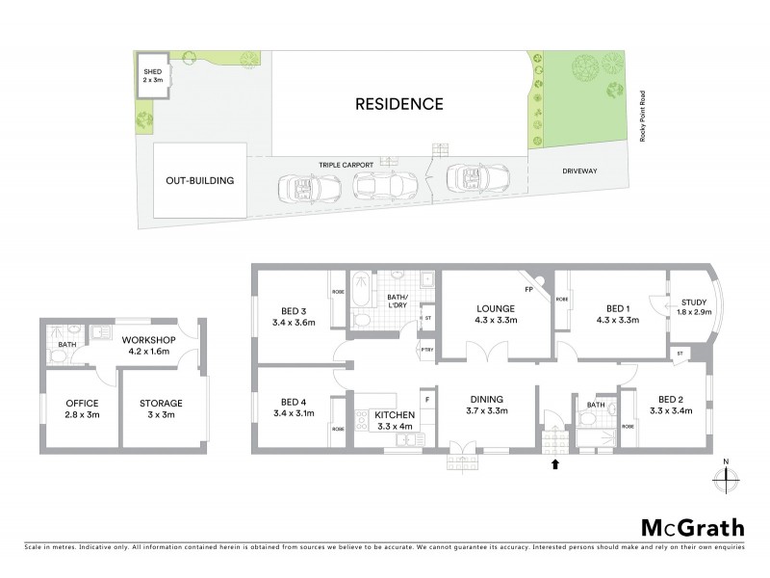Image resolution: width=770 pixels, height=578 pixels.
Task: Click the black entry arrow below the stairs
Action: point(554,465)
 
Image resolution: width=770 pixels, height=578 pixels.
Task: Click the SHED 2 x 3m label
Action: point(152,75)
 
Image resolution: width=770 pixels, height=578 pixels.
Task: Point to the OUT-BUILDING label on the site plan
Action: point(200,180)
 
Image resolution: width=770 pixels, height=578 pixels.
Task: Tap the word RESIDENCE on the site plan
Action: point(399,104)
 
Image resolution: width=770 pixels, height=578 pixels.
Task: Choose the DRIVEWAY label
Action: point(580,171)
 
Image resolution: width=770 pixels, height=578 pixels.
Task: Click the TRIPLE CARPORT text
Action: point(346,166)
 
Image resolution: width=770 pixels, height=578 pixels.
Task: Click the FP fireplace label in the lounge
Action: point(528,289)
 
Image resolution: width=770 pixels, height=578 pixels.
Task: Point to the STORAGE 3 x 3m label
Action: point(161,408)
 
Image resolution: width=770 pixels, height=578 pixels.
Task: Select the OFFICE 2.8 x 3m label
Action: point(82,408)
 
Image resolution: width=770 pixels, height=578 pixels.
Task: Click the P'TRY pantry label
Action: point(426,350)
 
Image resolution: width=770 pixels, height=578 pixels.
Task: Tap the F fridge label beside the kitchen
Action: point(426,396)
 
